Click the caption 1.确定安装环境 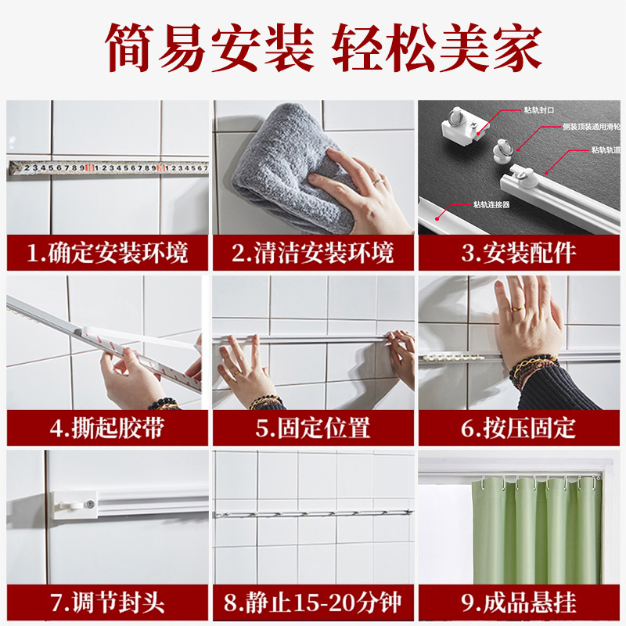click(x=107, y=254)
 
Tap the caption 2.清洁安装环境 click(x=313, y=254)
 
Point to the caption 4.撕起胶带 click(x=107, y=428)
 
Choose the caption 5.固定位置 click(x=313, y=428)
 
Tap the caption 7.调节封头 click(x=107, y=603)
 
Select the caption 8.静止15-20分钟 click(x=313, y=603)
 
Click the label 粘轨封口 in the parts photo click(x=540, y=110)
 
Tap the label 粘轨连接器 click(x=491, y=205)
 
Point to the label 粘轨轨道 click(x=606, y=149)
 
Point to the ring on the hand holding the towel click(x=378, y=182)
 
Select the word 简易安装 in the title click(x=210, y=49)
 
